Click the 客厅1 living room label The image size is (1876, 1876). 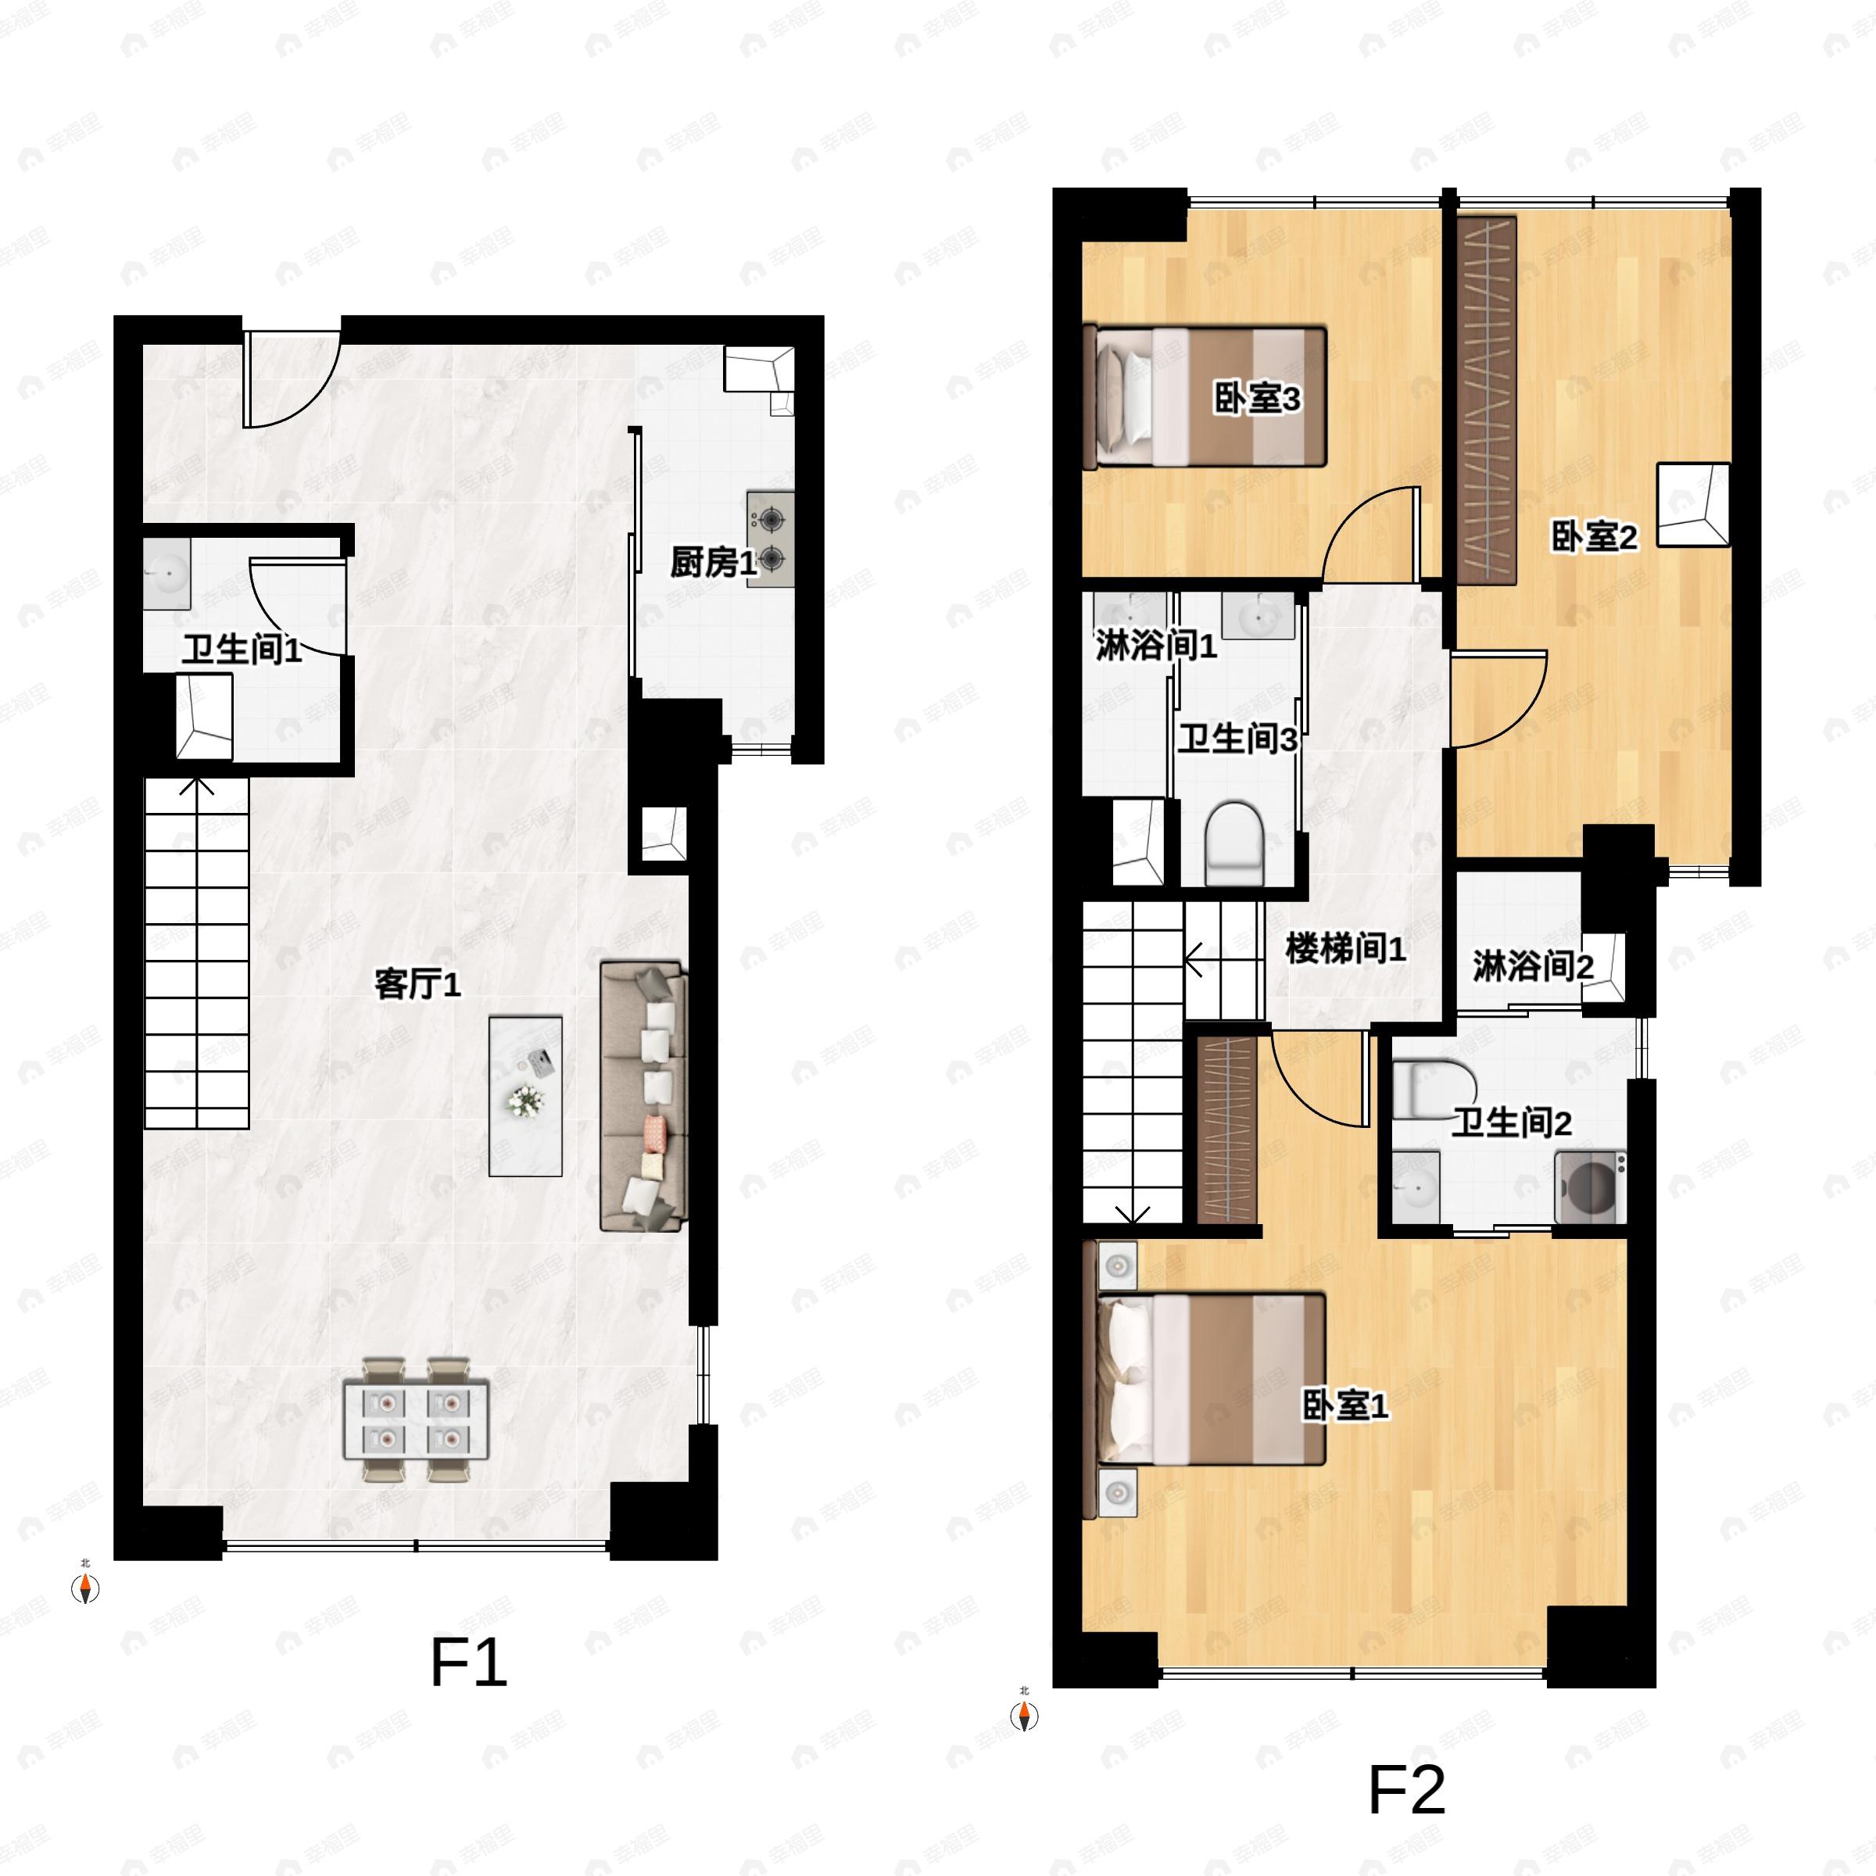point(417,985)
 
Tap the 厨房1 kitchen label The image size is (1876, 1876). point(712,562)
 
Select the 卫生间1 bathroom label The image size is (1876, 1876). point(242,650)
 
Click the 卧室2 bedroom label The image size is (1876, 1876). point(1594,536)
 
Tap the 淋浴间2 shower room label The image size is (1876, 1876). point(1532,966)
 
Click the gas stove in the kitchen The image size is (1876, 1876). point(770,539)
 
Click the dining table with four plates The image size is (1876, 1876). point(417,1420)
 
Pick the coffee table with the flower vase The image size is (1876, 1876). point(525,1095)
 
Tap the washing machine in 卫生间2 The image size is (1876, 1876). point(1591,1187)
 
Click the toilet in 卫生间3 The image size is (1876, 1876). point(1233,842)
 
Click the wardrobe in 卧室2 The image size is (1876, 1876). point(1487,400)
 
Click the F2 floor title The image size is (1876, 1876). point(1406,1789)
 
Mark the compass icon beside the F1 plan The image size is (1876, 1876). point(87,1588)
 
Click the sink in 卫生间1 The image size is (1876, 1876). point(167,574)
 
